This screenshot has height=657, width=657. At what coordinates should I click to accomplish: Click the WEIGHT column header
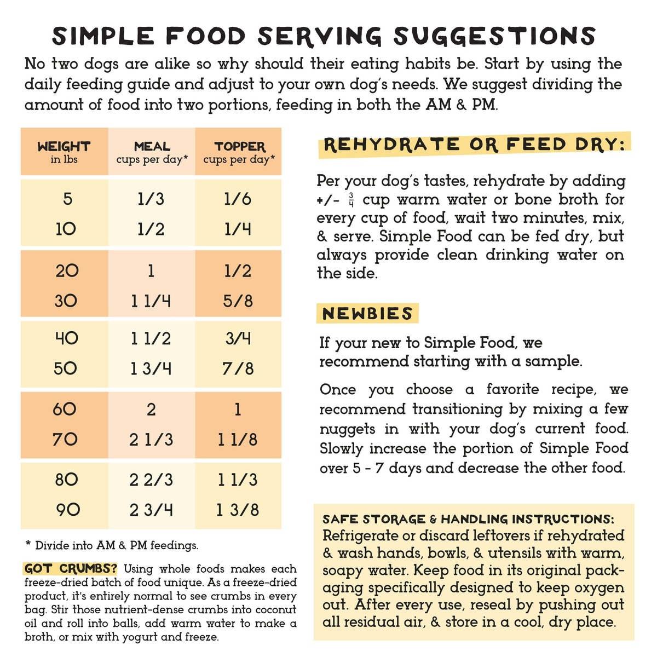[64, 152]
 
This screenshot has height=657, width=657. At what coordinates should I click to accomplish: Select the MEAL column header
[152, 152]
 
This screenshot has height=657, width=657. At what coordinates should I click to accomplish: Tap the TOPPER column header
[239, 152]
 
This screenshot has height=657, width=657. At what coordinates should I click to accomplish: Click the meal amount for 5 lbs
[151, 199]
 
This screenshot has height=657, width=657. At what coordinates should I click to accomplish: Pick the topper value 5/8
[238, 301]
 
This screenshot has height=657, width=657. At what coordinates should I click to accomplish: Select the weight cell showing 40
[66, 338]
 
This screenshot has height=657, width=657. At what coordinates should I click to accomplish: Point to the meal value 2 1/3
[151, 439]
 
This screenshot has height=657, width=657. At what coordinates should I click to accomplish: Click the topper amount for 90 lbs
[238, 510]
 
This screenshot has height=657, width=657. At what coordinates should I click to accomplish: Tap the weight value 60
[65, 409]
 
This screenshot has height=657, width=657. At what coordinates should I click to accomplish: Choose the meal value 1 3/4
[151, 368]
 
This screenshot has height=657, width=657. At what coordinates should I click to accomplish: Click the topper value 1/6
[238, 199]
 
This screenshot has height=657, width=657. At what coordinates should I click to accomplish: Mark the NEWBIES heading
[367, 314]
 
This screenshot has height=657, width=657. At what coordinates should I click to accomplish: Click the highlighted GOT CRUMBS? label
[71, 568]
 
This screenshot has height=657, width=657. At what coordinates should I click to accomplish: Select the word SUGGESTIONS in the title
[494, 36]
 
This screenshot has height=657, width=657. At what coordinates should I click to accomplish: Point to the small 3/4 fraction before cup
[351, 200]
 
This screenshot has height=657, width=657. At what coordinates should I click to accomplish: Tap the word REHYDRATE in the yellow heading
[391, 145]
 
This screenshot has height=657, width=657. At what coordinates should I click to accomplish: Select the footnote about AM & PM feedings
[112, 545]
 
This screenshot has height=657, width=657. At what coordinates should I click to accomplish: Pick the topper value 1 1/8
[238, 439]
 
